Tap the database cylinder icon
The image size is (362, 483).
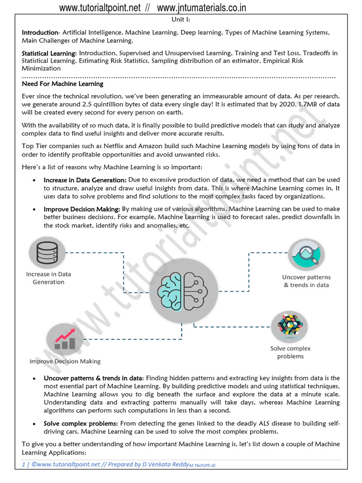coord(46,253)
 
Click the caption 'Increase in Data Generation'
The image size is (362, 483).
coord(48,278)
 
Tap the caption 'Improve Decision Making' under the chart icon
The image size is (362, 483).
coord(65,361)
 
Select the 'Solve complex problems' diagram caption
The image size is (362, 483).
coord(290,352)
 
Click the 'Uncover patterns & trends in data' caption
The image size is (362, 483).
coord(306,281)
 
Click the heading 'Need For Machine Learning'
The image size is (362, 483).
coord(63,84)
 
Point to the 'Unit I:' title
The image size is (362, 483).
coord(181,20)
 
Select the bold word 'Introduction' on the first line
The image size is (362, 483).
coord(40,33)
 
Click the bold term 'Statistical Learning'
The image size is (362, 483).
coord(49,53)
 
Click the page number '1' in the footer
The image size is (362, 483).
coord(24,465)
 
